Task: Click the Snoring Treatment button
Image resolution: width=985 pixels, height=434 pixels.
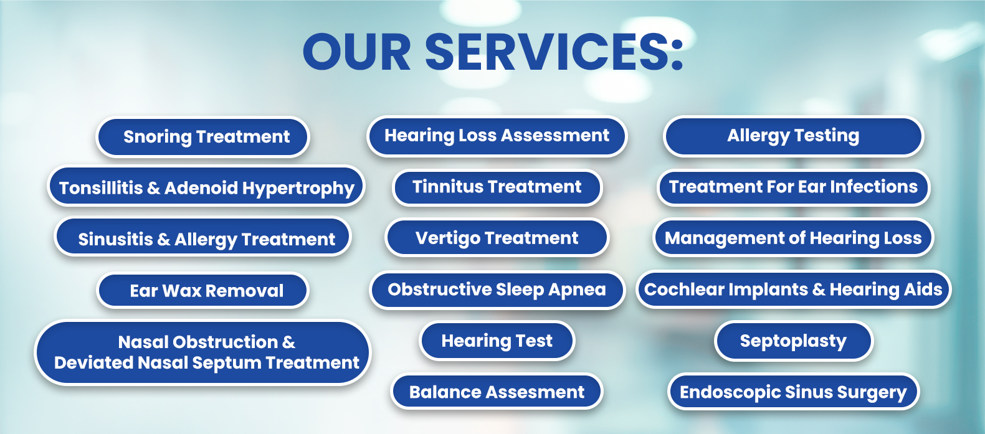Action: click(202, 136)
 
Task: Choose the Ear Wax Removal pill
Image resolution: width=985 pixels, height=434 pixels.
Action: click(202, 290)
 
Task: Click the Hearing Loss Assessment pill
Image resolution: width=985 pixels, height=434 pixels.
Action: click(497, 136)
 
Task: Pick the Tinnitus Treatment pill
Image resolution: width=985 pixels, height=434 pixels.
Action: click(497, 187)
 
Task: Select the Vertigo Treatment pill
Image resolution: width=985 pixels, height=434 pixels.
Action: click(497, 237)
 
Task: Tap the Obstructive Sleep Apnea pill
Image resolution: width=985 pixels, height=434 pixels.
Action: click(497, 290)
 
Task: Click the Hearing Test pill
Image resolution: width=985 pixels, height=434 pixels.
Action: click(497, 341)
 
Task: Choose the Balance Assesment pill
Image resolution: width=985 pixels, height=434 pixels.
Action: click(497, 391)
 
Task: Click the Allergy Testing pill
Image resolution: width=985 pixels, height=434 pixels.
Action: click(793, 136)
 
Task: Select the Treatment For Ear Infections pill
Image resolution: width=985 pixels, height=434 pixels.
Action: click(793, 187)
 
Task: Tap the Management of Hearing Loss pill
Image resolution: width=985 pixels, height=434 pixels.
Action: click(793, 238)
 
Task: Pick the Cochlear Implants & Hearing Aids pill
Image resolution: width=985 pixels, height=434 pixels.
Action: click(793, 289)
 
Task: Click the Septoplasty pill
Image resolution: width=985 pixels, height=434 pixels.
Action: click(793, 341)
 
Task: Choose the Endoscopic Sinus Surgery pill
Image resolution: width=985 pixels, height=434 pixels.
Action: click(793, 392)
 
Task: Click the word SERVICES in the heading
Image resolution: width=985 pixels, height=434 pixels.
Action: click(546, 52)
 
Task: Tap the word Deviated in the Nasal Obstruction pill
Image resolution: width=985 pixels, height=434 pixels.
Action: click(93, 363)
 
